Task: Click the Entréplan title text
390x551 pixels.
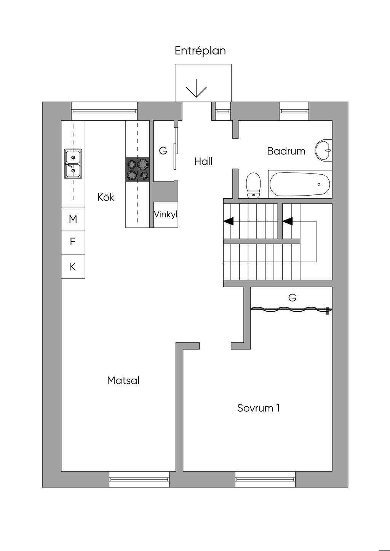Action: (x=200, y=51)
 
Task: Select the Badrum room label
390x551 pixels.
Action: (x=286, y=151)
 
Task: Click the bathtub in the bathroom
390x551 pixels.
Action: (x=300, y=185)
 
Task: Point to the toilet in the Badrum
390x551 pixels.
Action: (x=253, y=186)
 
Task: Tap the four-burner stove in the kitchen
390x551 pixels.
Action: (x=137, y=169)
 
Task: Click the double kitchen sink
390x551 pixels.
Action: (x=73, y=164)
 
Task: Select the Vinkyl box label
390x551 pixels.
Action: (x=166, y=215)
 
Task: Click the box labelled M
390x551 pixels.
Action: (x=73, y=219)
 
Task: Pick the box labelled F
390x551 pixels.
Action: (x=73, y=242)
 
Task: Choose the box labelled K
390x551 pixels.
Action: (x=73, y=267)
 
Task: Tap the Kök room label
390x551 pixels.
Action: (x=106, y=197)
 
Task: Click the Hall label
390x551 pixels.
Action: (x=203, y=161)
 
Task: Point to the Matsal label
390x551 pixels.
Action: (x=123, y=380)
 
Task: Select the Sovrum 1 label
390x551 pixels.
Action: (x=258, y=408)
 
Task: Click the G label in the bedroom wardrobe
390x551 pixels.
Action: (x=292, y=298)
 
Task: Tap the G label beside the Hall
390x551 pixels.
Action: (x=163, y=151)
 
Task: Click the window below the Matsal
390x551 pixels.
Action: (x=139, y=479)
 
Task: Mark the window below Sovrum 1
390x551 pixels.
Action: (x=265, y=479)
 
